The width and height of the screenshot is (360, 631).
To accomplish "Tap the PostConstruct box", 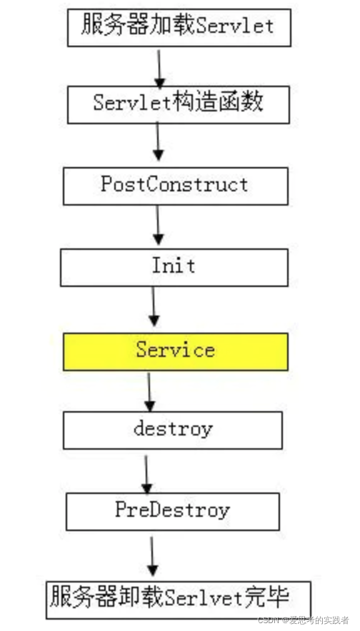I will pos(175,186).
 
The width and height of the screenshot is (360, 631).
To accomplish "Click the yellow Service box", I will pos(175,351).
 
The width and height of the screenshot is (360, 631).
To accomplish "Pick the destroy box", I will pos(173,430).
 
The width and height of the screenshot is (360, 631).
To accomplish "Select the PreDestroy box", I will pos(172,510).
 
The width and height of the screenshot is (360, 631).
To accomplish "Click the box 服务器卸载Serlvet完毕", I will pos(178,593).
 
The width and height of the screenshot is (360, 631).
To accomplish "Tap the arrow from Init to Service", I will pos(153,308).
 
